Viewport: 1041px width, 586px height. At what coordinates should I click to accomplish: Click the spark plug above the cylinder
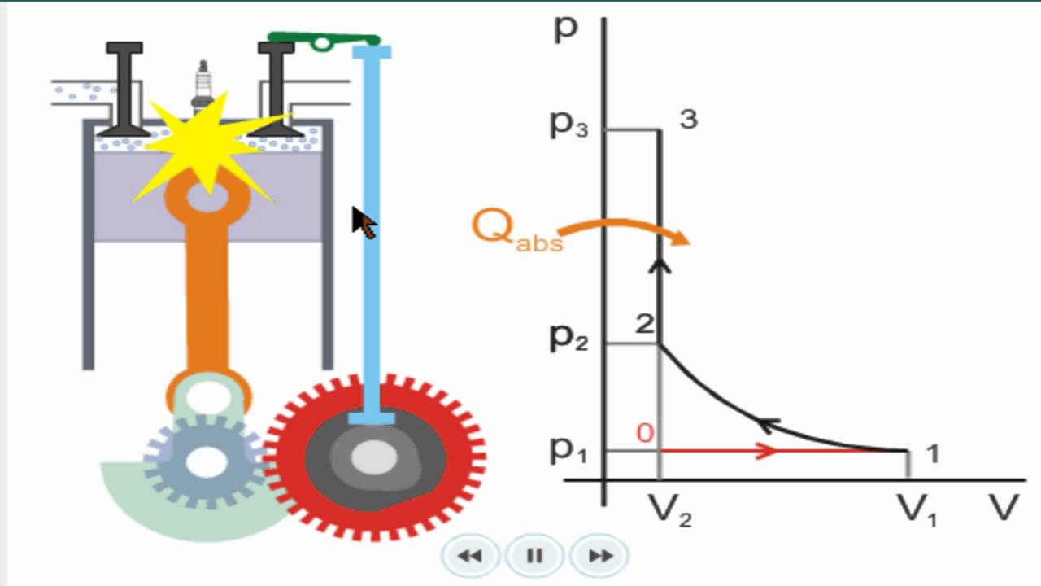tap(202, 85)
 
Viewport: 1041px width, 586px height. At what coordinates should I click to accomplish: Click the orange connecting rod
tap(207, 285)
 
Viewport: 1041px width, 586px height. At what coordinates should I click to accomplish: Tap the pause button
tap(534, 556)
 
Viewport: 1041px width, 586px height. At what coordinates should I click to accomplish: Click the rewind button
tap(469, 556)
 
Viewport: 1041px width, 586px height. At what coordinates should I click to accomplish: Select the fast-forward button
tap(600, 556)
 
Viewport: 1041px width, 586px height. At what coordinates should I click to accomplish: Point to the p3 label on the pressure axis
tap(569, 125)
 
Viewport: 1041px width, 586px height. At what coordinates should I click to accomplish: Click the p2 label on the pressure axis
tap(569, 338)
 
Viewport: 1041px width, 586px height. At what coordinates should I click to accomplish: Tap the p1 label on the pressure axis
tap(569, 448)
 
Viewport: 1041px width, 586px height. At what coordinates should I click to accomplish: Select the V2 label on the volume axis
tap(669, 511)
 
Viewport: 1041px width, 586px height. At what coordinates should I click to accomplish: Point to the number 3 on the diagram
tap(688, 120)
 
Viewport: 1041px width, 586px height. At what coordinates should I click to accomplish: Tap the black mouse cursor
tap(363, 221)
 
